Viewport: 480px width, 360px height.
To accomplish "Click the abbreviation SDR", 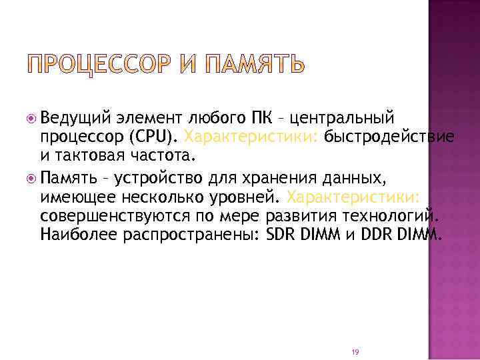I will pyautogui.click(x=279, y=235).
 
